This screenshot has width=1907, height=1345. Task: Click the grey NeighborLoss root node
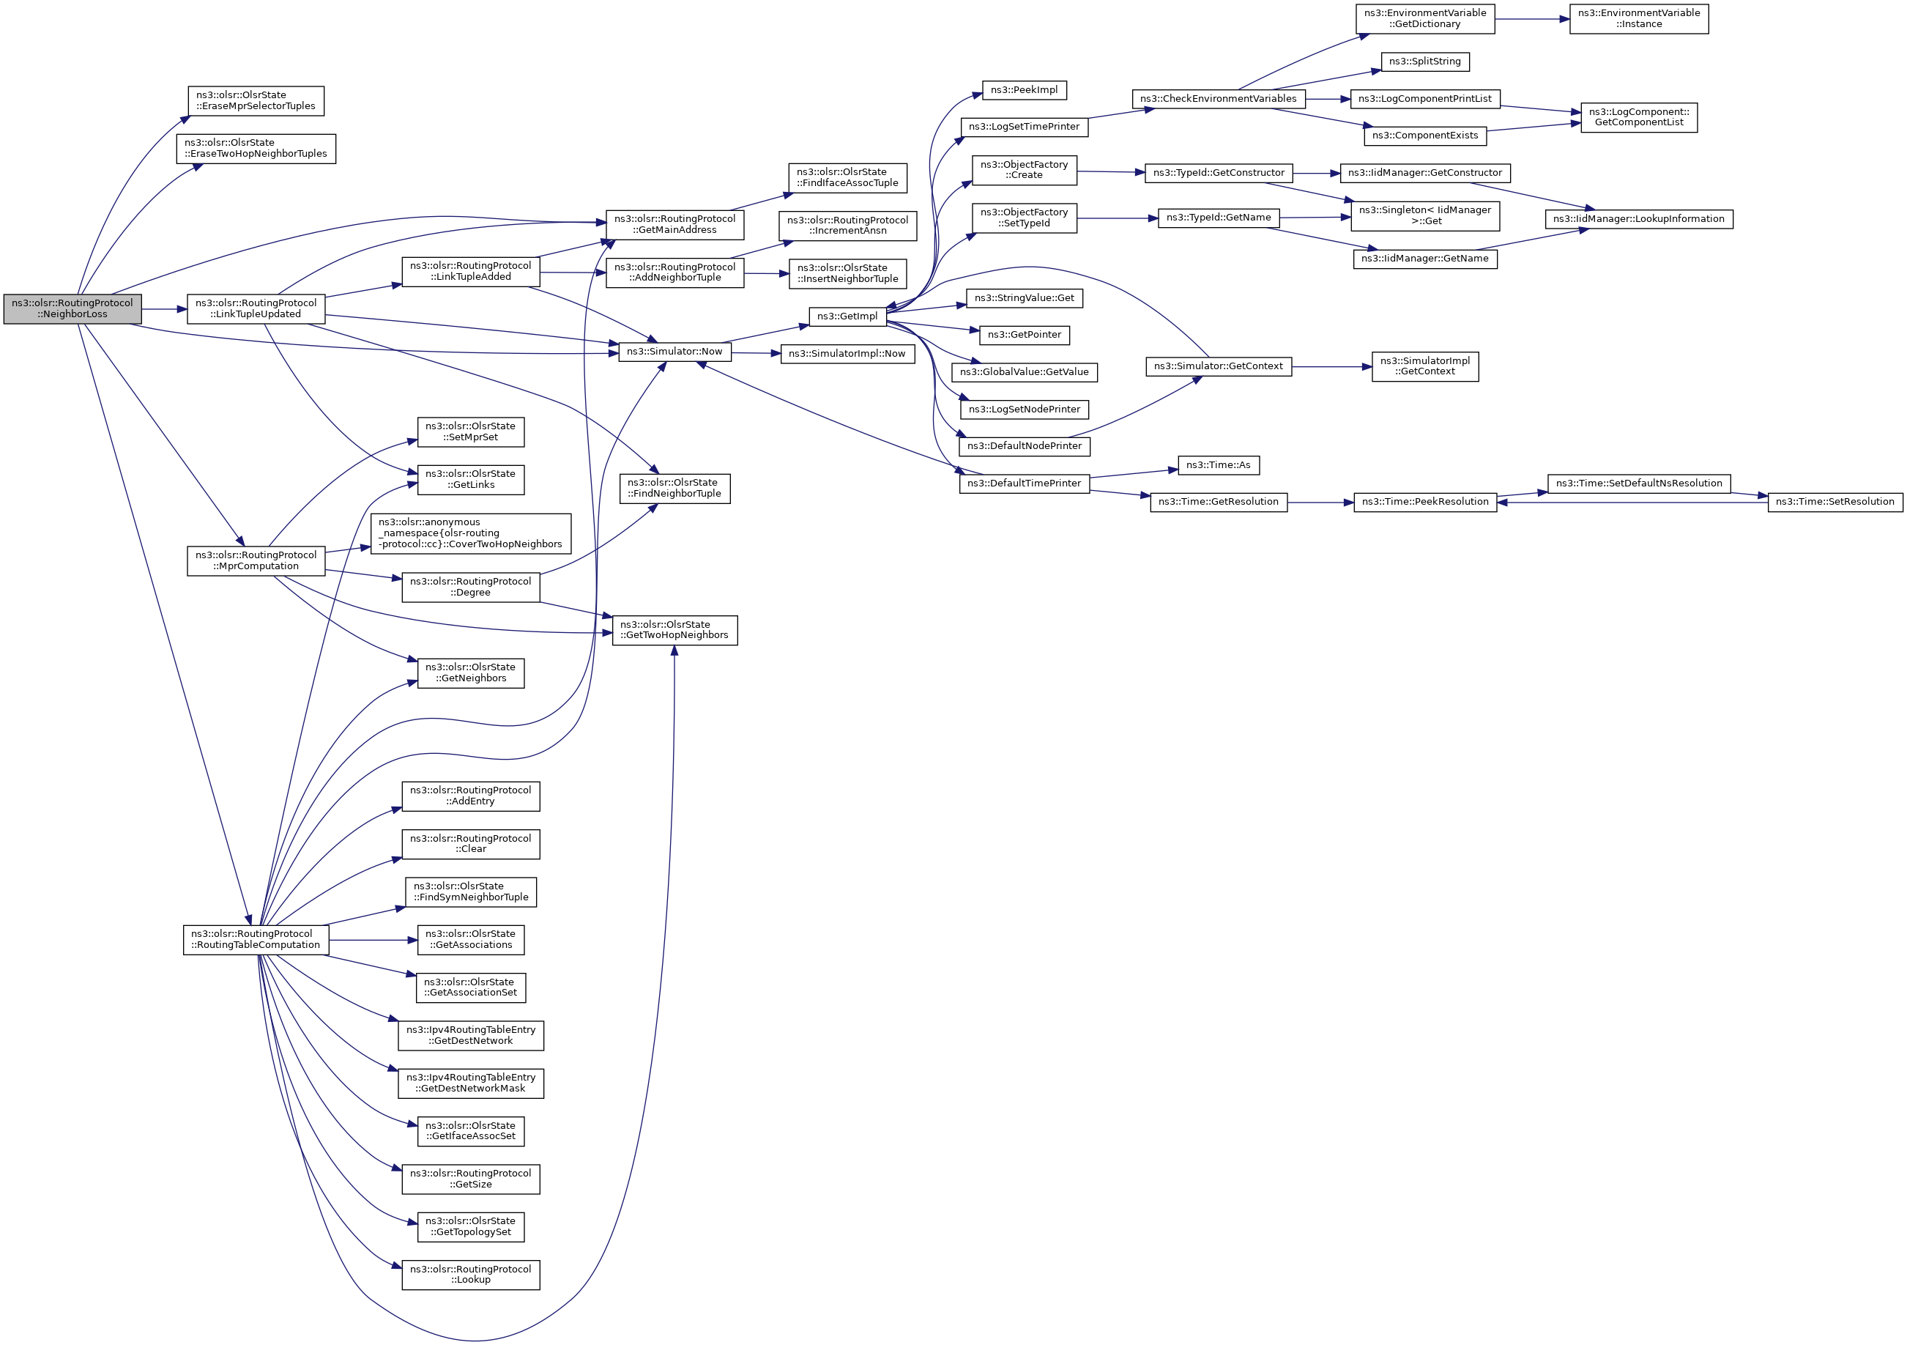(x=73, y=309)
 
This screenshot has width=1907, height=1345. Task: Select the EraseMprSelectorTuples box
(x=255, y=100)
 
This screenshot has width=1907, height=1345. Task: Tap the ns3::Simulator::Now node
(x=674, y=352)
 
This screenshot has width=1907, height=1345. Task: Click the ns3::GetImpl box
(x=847, y=316)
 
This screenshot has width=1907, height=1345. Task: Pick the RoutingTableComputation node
(x=256, y=940)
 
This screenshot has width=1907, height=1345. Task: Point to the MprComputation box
(x=256, y=560)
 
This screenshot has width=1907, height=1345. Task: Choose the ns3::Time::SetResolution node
(x=1834, y=502)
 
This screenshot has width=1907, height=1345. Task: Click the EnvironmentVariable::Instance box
(x=1638, y=18)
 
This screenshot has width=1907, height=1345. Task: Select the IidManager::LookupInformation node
(x=1638, y=218)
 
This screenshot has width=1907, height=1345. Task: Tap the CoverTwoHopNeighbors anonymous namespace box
(x=470, y=533)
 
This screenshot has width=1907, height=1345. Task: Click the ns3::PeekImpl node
(x=1024, y=89)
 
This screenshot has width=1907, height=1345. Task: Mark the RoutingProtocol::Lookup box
(x=470, y=1275)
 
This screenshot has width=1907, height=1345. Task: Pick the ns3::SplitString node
(x=1424, y=62)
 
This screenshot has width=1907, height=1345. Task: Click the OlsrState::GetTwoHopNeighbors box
(x=674, y=630)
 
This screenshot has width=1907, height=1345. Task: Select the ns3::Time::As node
(x=1219, y=465)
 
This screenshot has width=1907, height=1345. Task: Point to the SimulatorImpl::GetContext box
(x=1424, y=366)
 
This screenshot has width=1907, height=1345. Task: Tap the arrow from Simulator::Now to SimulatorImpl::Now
(x=756, y=353)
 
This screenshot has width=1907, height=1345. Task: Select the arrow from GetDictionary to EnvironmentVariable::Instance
(x=1531, y=18)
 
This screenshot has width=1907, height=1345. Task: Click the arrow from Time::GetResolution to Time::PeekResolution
(x=1320, y=503)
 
